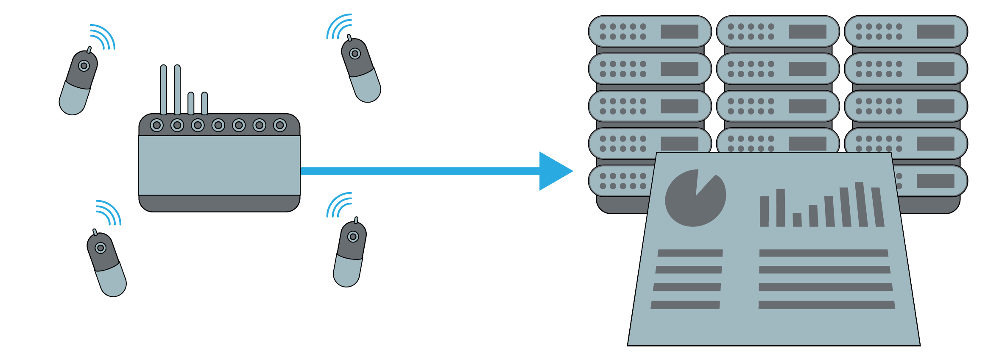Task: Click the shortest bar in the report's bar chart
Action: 797,220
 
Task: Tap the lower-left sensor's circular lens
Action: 100,248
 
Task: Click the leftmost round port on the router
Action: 157,125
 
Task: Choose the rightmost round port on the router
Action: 280,125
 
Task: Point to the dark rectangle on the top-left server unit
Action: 679,31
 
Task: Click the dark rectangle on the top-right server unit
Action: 935,31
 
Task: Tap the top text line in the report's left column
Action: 690,253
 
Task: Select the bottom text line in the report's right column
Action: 826,305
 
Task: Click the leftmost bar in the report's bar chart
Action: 764,211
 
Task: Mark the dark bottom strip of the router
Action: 219,203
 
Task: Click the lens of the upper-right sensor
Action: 355,54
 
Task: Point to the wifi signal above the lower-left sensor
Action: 109,212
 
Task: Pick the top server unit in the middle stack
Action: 778,31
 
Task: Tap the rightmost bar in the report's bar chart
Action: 878,207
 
